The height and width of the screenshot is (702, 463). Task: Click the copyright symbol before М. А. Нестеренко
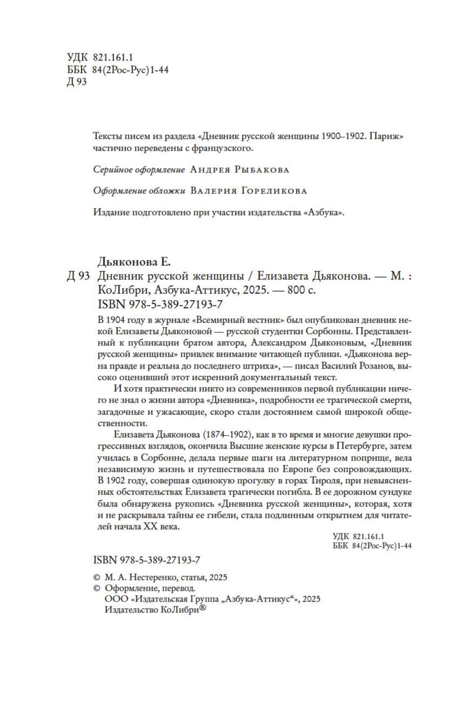[96, 577]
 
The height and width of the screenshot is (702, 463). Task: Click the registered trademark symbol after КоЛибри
[203, 608]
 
